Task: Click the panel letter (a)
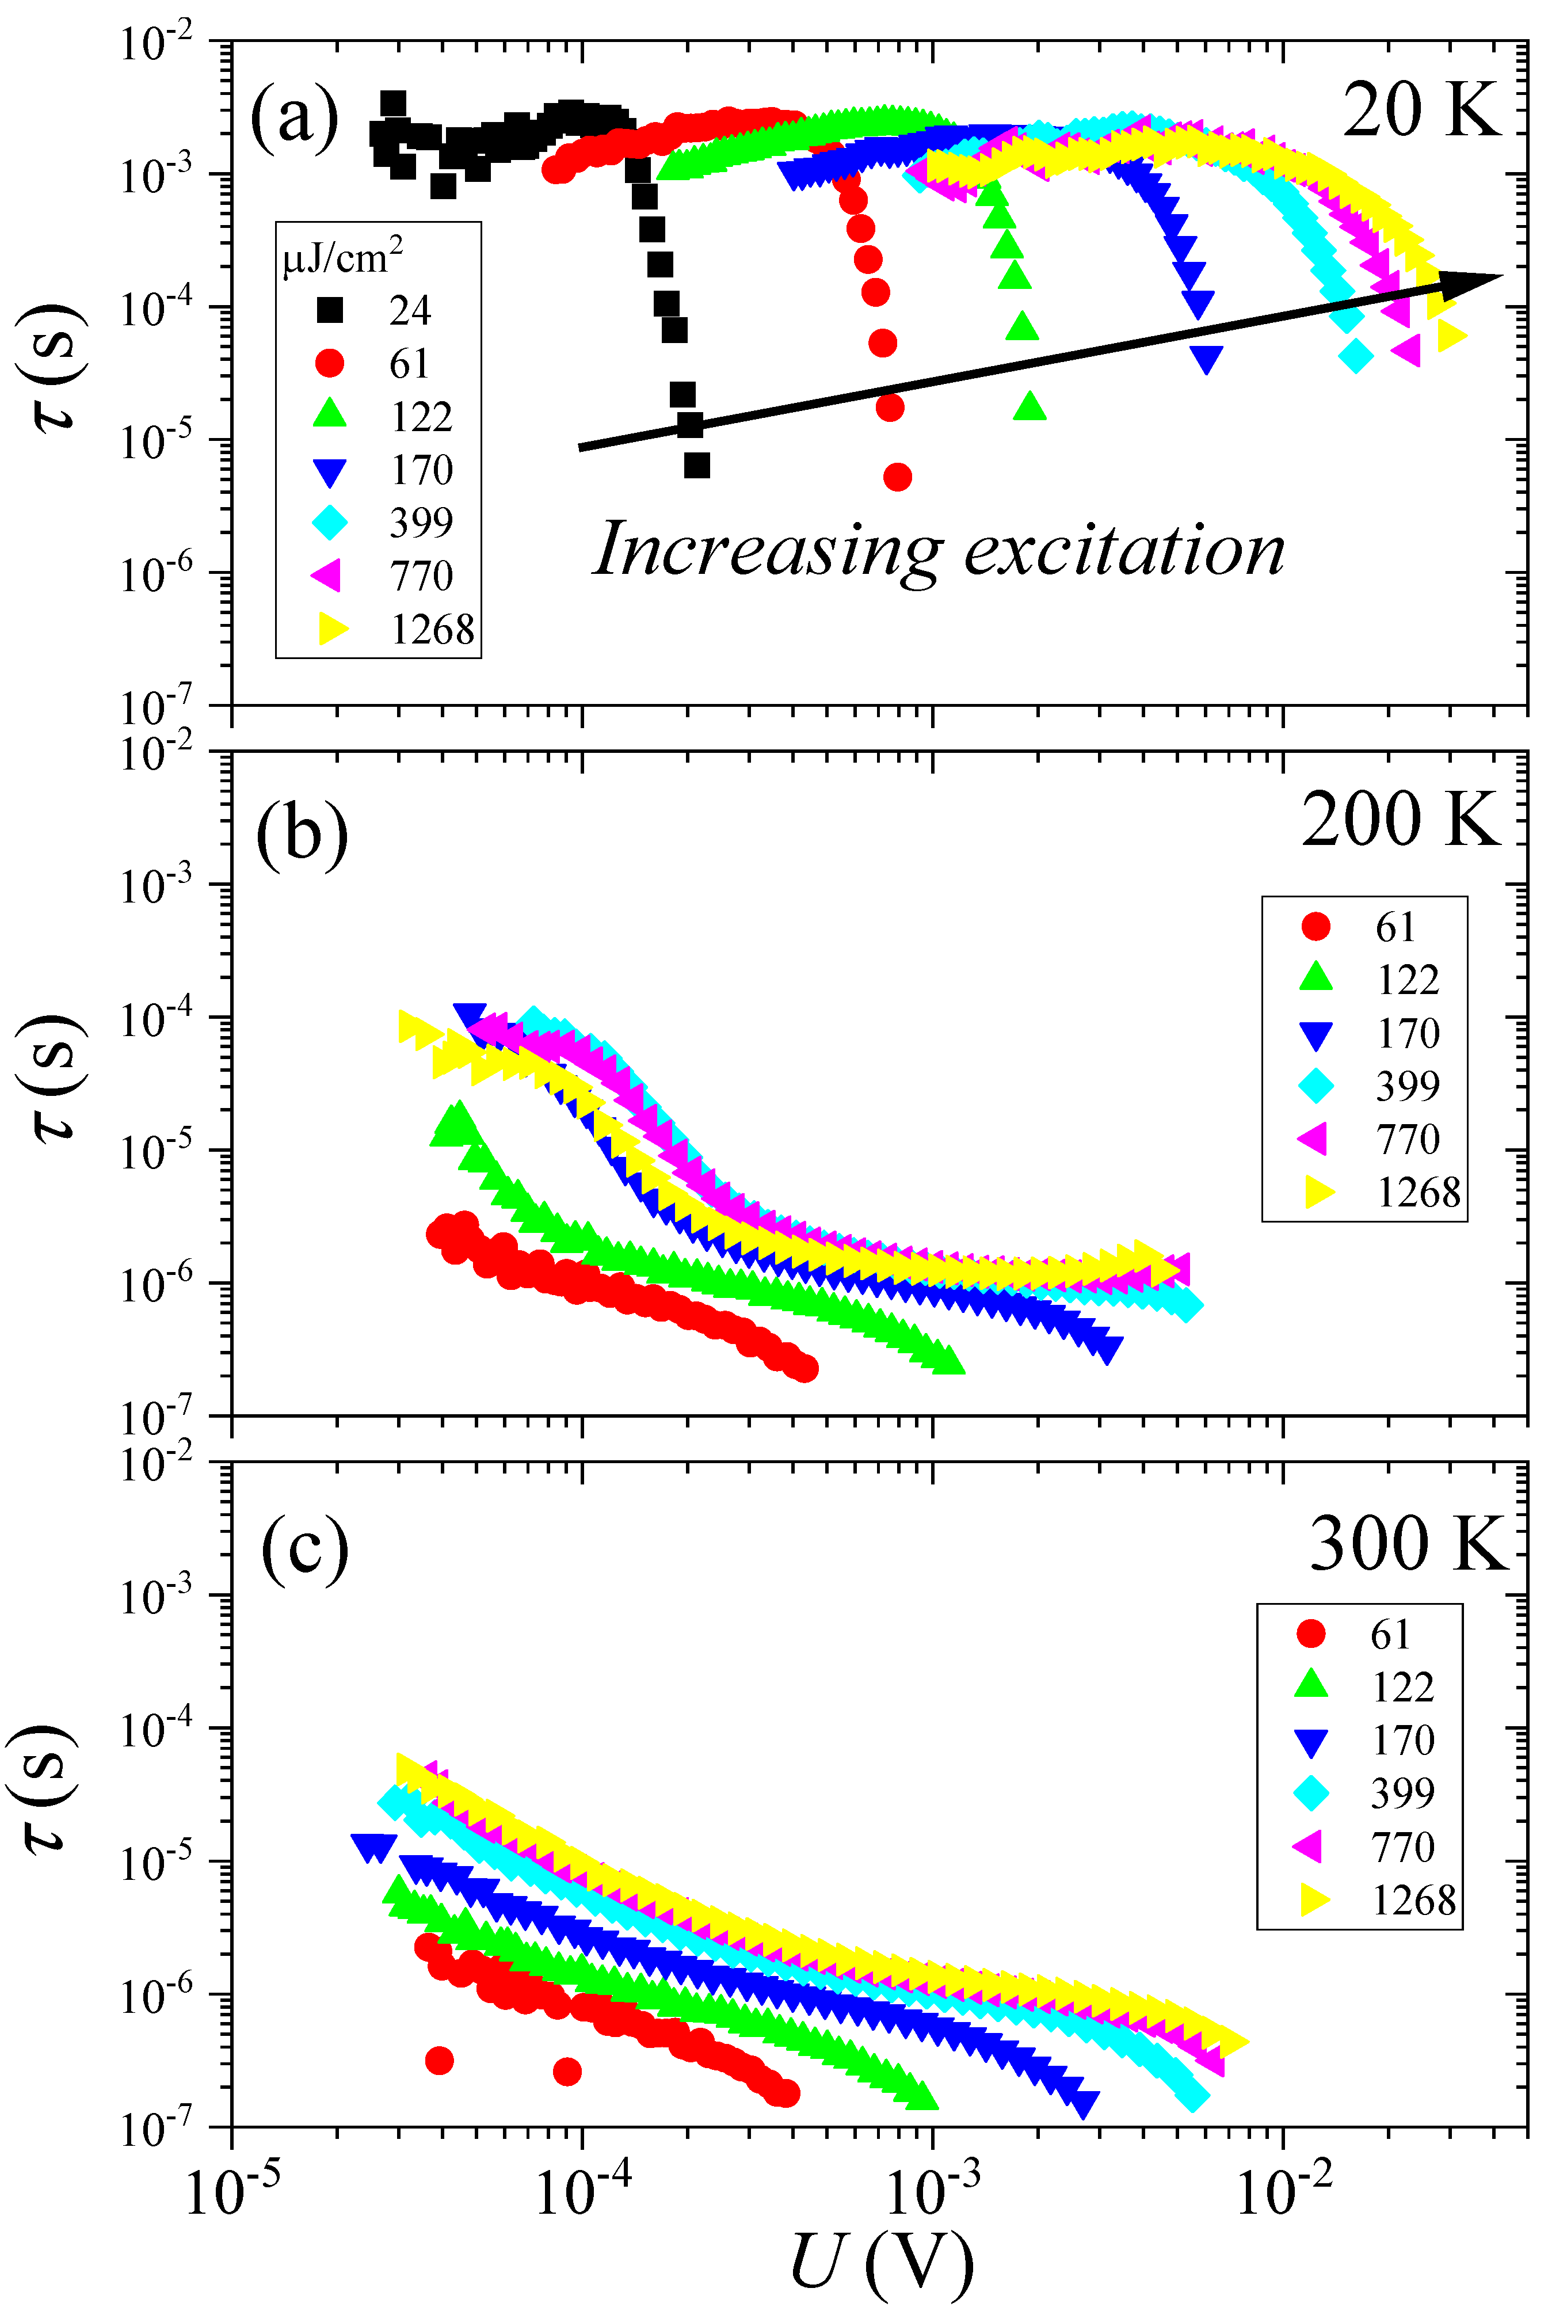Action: [x=294, y=116]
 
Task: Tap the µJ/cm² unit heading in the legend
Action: [x=342, y=258]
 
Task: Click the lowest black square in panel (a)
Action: [x=697, y=465]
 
